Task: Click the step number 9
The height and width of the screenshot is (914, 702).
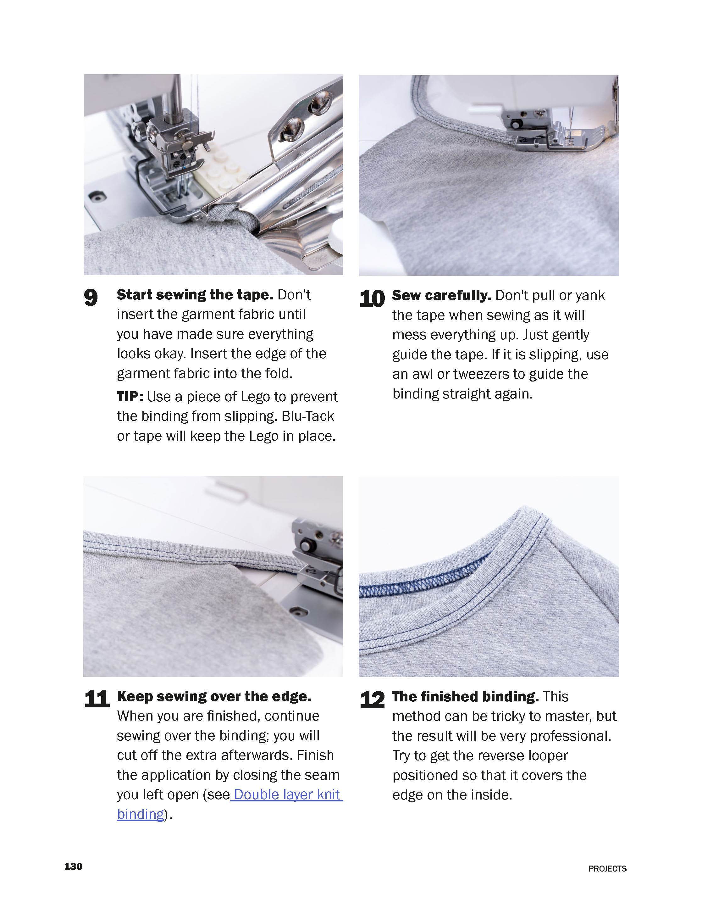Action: (91, 298)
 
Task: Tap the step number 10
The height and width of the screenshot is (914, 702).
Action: (372, 299)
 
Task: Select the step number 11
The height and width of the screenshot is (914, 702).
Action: (97, 699)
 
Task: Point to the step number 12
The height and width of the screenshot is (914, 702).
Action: (372, 699)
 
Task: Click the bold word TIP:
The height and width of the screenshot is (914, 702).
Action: (130, 396)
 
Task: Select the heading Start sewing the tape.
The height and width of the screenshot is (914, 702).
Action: (195, 295)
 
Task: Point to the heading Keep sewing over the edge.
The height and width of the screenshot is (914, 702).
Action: (214, 696)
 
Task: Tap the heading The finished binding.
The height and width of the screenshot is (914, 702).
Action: (465, 697)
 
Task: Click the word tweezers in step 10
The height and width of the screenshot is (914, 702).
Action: (481, 374)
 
